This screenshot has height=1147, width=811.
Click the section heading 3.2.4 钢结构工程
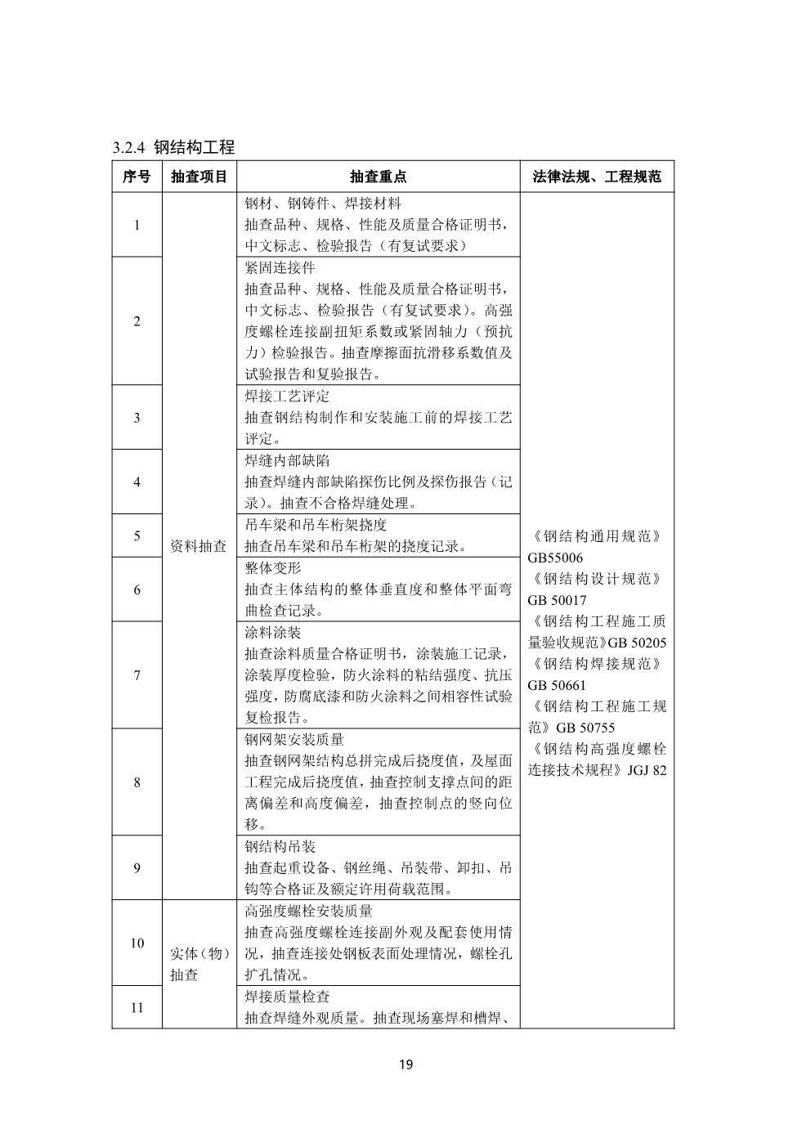point(173,148)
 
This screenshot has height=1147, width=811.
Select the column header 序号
point(137,177)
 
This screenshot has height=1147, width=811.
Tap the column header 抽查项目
point(199,177)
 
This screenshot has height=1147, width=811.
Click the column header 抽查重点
point(378,177)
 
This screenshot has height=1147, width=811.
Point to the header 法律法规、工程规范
point(597,177)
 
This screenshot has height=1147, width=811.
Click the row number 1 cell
point(137,225)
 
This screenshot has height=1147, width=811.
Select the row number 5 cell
point(137,535)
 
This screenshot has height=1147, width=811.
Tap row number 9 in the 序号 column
point(137,867)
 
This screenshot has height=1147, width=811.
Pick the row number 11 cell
point(137,1007)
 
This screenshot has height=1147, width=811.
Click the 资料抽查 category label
point(199,546)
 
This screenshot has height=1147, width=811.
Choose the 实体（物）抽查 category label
point(199,964)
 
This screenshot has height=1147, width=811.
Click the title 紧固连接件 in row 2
point(280,268)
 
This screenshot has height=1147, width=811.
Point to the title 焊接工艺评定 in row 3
point(287,397)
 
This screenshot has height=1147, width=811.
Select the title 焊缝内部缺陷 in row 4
point(287,461)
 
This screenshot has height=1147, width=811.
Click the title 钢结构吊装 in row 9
point(280,846)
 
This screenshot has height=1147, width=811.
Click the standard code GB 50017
point(558,600)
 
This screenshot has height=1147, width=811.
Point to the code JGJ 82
point(647,770)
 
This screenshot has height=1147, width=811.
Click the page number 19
point(405,1064)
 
